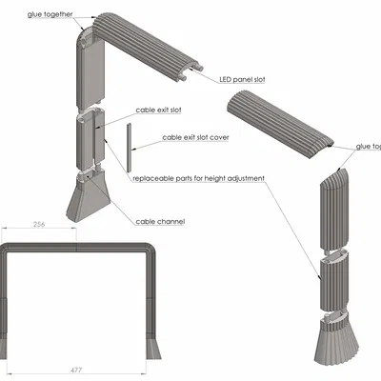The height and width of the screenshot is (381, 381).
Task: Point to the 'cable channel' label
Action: pyautogui.click(x=160, y=221)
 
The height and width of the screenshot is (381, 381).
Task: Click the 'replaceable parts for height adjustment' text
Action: pyautogui.click(x=198, y=178)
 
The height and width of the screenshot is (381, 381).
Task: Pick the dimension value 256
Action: pyautogui.click(x=39, y=225)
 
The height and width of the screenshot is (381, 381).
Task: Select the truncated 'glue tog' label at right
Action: pyautogui.click(x=368, y=147)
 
